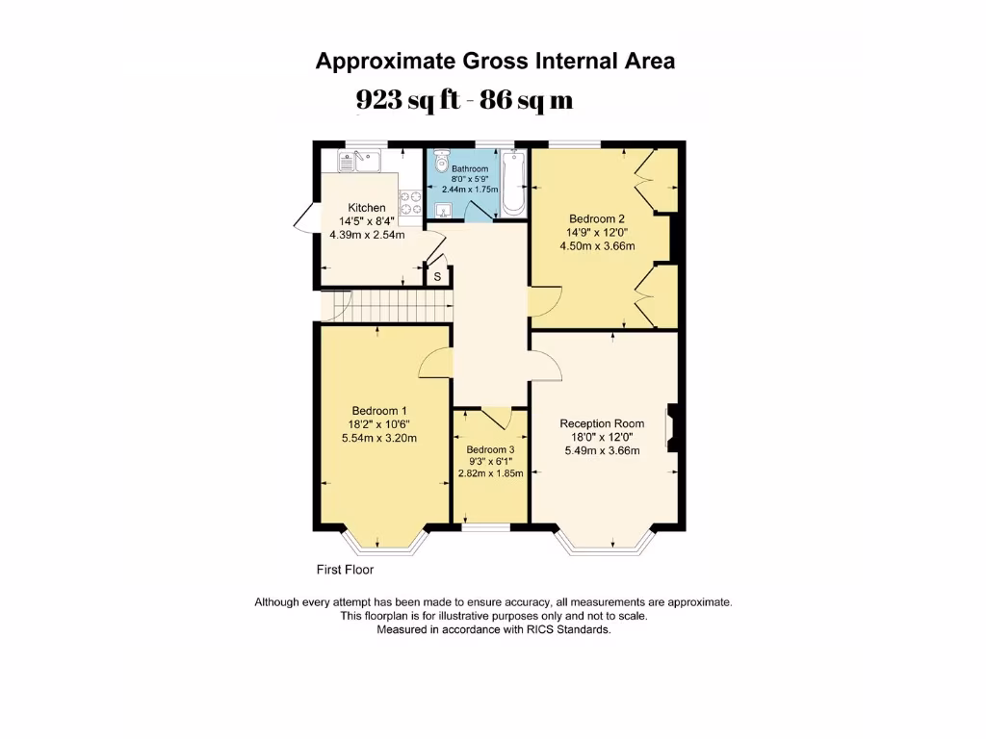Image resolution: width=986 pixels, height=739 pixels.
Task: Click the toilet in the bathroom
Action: click(x=442, y=162)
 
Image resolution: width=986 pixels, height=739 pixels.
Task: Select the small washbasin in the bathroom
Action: click(x=444, y=212)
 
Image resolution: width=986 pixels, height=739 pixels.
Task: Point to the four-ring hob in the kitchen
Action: click(x=412, y=201)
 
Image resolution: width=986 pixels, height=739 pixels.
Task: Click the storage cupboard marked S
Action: click(x=437, y=277)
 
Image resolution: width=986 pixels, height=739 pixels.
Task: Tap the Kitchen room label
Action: click(x=367, y=208)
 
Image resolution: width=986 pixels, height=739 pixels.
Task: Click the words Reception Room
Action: click(x=602, y=423)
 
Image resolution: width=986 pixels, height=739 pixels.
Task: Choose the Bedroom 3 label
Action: click(x=490, y=449)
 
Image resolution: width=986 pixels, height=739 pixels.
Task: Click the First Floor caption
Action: click(x=346, y=570)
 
